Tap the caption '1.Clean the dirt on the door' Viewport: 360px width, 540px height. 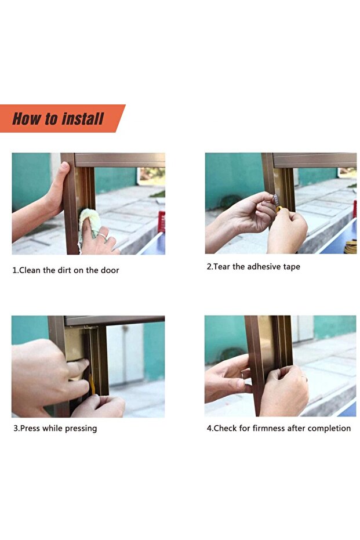coord(66,270)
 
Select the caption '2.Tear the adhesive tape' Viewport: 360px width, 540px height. coord(253,267)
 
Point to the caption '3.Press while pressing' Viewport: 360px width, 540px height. coord(55,429)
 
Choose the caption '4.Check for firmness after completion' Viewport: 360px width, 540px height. coord(278,429)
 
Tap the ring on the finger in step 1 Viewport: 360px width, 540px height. coord(101,236)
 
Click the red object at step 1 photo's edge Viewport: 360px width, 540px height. coord(161,222)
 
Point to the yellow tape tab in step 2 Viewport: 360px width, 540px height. coord(278,209)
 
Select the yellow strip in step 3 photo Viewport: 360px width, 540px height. coord(92,384)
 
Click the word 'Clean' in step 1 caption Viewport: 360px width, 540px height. coord(30,270)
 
